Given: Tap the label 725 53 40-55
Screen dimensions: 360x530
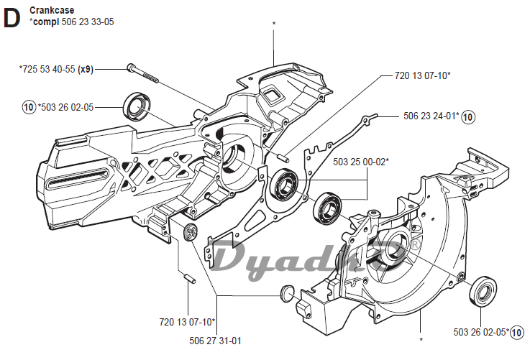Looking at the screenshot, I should [x=48, y=69].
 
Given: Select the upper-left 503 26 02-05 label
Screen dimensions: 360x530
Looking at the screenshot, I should [x=66, y=108].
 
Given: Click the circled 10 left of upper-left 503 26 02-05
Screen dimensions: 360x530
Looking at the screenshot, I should [x=28, y=108].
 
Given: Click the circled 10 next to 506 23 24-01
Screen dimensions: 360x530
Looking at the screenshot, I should [x=468, y=116].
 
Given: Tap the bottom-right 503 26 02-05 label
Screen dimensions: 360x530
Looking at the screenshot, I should [x=480, y=331].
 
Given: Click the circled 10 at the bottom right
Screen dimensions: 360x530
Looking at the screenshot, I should [x=517, y=331].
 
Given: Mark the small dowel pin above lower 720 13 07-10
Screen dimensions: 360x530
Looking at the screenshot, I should [x=188, y=277].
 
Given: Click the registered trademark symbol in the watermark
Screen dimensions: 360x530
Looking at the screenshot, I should [x=414, y=247].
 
